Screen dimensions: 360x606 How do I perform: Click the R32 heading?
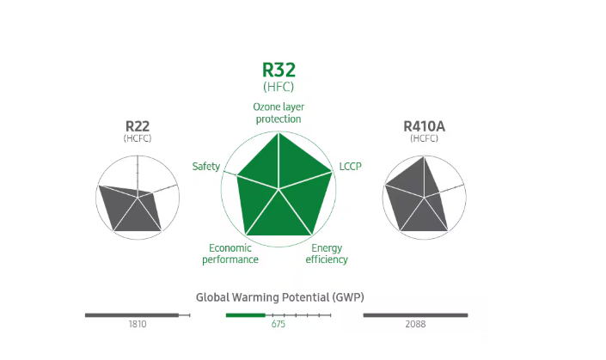click(279, 70)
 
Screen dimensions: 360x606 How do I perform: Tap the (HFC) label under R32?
click(279, 87)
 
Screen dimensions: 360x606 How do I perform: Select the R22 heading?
click(138, 126)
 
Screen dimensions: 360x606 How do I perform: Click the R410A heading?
click(424, 126)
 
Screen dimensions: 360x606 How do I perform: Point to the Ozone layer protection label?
click(279, 113)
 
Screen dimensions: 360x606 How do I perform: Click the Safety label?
click(206, 166)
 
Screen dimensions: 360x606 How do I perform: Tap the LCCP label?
click(351, 166)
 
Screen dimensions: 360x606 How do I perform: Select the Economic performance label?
click(230, 253)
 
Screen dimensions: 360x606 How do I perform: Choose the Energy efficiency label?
click(327, 253)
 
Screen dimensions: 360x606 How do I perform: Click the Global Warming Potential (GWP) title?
click(279, 297)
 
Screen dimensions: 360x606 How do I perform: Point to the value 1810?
click(138, 325)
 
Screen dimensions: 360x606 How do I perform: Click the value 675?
click(279, 325)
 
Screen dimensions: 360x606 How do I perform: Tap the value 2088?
click(416, 325)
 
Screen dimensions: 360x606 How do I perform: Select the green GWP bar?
click(246, 315)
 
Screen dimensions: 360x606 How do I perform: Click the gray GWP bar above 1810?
click(131, 315)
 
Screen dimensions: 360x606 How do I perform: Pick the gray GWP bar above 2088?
click(415, 315)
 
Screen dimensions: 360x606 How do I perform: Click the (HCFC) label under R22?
click(138, 138)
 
